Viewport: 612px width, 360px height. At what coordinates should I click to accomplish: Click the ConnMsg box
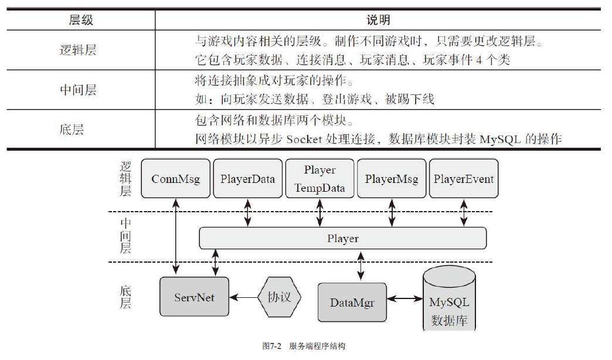pyautogui.click(x=176, y=178)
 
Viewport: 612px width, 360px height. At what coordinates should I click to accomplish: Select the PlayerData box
pyautogui.click(x=248, y=178)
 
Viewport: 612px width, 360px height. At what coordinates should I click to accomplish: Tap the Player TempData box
pyautogui.click(x=320, y=178)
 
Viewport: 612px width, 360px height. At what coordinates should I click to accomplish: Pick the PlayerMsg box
pyautogui.click(x=392, y=178)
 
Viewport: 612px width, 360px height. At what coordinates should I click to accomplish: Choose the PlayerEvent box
pyautogui.click(x=464, y=178)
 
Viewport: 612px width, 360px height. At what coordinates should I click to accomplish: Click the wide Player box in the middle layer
pyautogui.click(x=343, y=239)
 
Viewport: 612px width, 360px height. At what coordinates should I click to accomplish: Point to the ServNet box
pyautogui.click(x=194, y=297)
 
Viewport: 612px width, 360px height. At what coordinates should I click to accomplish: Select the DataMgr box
pyautogui.click(x=352, y=303)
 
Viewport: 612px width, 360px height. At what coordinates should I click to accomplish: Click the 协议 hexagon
pyautogui.click(x=279, y=297)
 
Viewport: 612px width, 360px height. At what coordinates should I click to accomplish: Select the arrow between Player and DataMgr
pyautogui.click(x=361, y=266)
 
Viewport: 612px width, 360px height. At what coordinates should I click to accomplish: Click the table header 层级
pyautogui.click(x=81, y=20)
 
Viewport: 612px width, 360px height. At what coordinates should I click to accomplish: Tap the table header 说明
pyautogui.click(x=378, y=20)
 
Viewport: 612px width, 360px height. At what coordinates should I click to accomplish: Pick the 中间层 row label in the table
pyautogui.click(x=78, y=90)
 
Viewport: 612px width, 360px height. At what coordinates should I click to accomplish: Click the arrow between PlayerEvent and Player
pyautogui.click(x=464, y=212)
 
